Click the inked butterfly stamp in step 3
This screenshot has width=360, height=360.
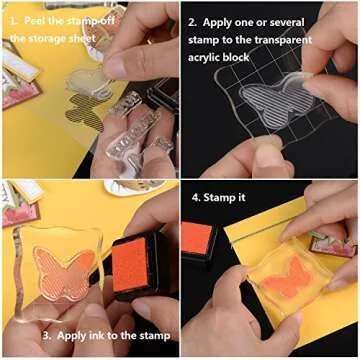64,265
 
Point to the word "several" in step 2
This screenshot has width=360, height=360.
317,20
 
